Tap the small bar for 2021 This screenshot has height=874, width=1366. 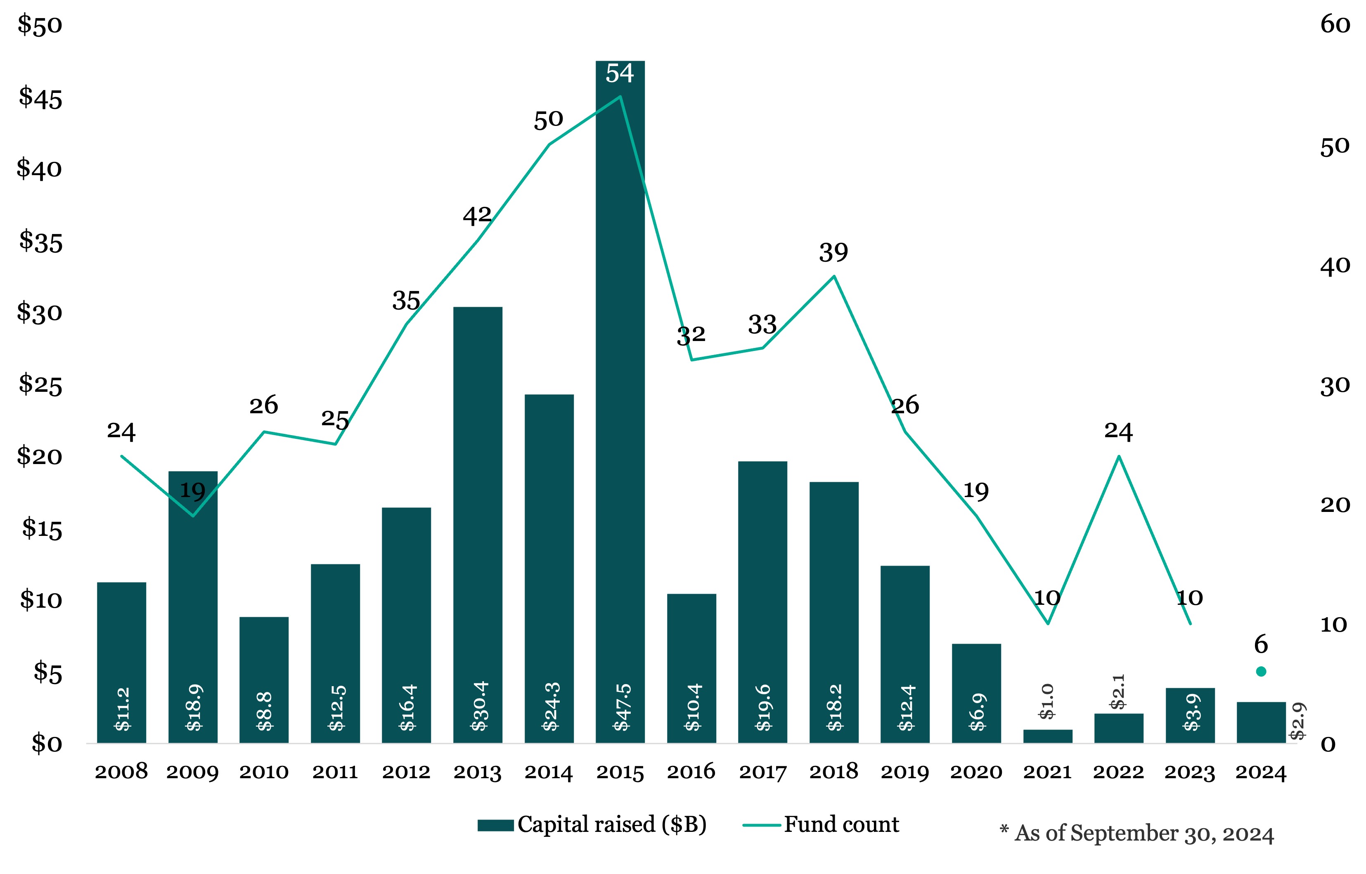click(x=1048, y=736)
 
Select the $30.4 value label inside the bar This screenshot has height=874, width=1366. click(x=480, y=706)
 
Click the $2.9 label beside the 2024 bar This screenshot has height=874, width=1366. click(x=1297, y=721)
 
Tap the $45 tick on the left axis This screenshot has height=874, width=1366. click(x=40, y=98)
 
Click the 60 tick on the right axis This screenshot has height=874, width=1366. click(x=1335, y=24)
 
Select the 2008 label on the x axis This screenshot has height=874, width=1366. click(x=121, y=772)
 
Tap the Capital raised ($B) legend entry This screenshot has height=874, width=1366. click(x=592, y=824)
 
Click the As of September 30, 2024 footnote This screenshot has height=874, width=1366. click(x=1137, y=834)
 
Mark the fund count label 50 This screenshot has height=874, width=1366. click(x=548, y=120)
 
